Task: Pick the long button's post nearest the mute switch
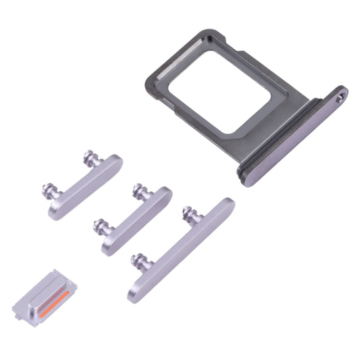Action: point(139,259)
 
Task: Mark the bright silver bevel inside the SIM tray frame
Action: point(169,70)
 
